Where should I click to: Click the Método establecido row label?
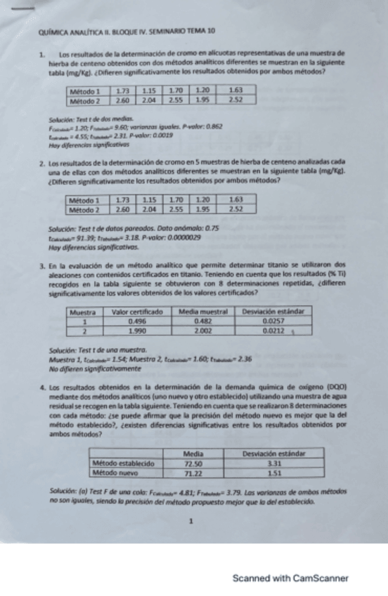click(x=124, y=464)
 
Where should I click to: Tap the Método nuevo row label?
click(x=116, y=474)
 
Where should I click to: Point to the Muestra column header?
click(x=84, y=310)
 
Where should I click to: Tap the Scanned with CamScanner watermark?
click(x=290, y=578)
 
